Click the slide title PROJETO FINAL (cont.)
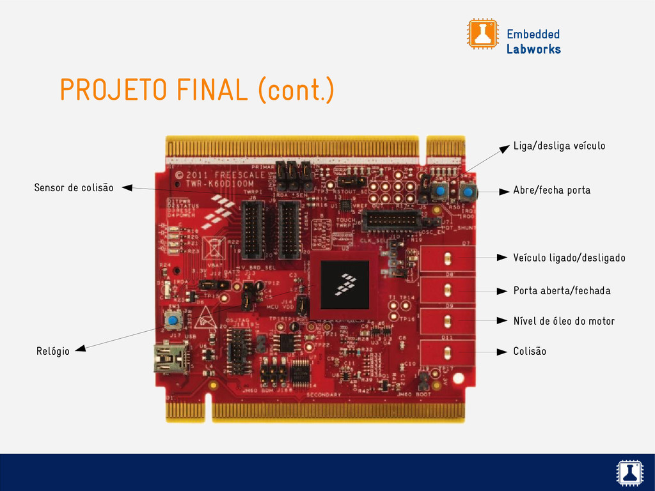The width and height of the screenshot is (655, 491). point(196,90)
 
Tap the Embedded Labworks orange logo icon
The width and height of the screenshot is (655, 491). point(482,34)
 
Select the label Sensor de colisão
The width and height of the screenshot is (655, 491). point(74,188)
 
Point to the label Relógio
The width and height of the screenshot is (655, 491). point(52,350)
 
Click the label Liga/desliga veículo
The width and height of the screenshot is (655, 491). point(559,146)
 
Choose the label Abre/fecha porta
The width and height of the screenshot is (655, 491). point(551,191)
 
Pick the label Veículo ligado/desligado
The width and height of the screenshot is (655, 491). point(569,258)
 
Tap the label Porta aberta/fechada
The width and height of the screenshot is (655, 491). point(562,291)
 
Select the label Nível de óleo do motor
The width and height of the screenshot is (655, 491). point(564,321)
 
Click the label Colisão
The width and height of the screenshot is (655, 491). point(530,352)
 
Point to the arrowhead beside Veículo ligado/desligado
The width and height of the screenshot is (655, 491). point(502,258)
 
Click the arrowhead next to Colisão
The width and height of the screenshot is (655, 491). point(502,352)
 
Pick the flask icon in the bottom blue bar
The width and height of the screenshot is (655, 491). point(629,472)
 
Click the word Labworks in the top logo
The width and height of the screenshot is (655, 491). point(533,49)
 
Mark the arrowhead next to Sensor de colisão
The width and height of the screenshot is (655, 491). point(127,187)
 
